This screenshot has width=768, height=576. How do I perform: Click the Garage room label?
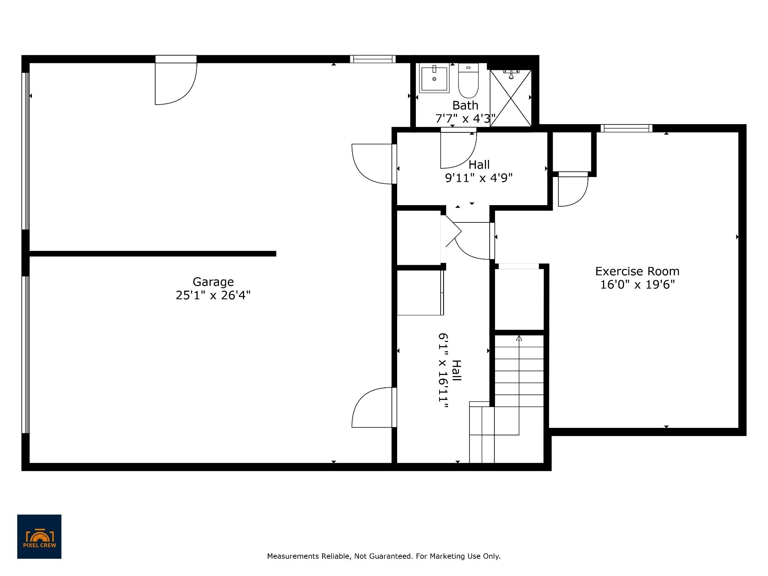point(213,282)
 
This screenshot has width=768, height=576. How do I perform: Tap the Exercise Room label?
point(637,271)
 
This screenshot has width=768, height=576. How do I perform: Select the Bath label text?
point(465,105)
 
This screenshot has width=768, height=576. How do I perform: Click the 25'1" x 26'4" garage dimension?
point(213,295)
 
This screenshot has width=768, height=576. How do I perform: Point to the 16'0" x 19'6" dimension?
point(637,285)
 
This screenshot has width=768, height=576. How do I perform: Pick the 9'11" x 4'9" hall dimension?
point(479,177)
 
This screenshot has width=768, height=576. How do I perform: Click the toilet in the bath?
point(468,81)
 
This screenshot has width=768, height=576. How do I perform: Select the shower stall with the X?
point(511,98)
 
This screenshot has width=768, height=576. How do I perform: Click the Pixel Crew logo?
point(39,537)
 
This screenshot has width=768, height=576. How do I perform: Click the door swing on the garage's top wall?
point(176,84)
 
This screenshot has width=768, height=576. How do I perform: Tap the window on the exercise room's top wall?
point(627,128)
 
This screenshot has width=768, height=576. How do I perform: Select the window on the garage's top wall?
point(373,59)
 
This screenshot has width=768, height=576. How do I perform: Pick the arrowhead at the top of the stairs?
point(519,338)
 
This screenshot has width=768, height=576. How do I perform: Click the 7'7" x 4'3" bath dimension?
point(465,119)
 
